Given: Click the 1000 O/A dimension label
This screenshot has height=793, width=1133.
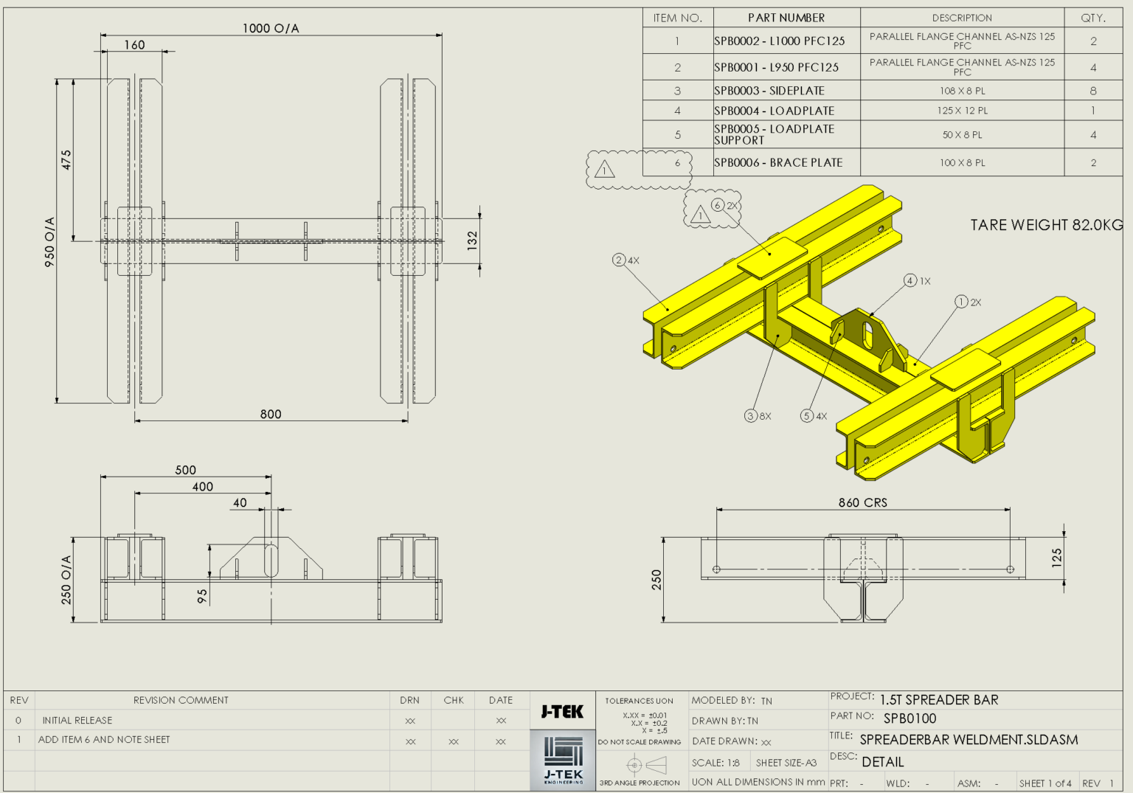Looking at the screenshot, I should point(271,28).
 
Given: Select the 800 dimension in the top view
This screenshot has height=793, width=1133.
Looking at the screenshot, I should point(271,414).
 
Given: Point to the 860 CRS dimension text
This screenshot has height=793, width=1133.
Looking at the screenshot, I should point(862,502).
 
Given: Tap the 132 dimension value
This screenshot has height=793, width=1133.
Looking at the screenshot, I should point(472,240).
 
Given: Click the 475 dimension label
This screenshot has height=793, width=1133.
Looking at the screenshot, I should point(66,160).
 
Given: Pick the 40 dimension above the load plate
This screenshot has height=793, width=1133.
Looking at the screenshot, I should point(240,502).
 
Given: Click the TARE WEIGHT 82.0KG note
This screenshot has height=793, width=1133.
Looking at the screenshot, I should point(1046,225).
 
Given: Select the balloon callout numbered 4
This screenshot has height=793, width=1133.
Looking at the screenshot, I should point(910,280).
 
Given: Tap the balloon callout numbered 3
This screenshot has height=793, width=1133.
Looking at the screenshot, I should point(751,416).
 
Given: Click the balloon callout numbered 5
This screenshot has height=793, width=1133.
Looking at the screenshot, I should point(807,416).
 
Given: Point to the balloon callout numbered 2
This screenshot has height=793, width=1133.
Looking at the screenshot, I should point(619,260).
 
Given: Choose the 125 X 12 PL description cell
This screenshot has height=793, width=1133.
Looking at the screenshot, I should point(962,111).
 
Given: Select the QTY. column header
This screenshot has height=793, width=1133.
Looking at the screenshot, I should point(1092,18).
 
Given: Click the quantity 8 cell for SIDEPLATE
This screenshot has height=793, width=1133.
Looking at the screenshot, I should point(1092,91).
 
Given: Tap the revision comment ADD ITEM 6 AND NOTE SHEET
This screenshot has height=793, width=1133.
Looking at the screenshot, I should point(104,739).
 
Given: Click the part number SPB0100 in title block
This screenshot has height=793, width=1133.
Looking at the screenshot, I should point(909,718).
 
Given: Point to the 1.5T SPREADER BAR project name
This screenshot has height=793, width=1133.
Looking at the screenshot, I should point(939,699).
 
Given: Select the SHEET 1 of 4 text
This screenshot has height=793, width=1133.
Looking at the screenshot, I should point(1045,783).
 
